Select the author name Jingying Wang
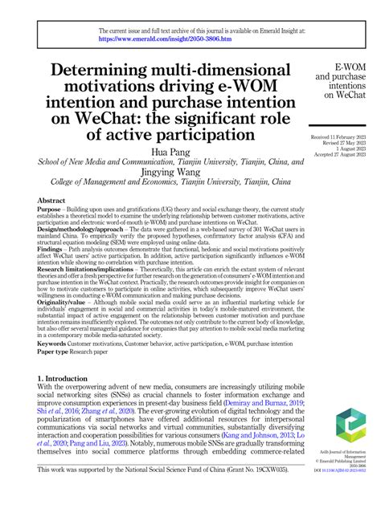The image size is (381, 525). [171, 171]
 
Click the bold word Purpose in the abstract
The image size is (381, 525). [51, 210]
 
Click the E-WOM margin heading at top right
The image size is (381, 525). [350, 64]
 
